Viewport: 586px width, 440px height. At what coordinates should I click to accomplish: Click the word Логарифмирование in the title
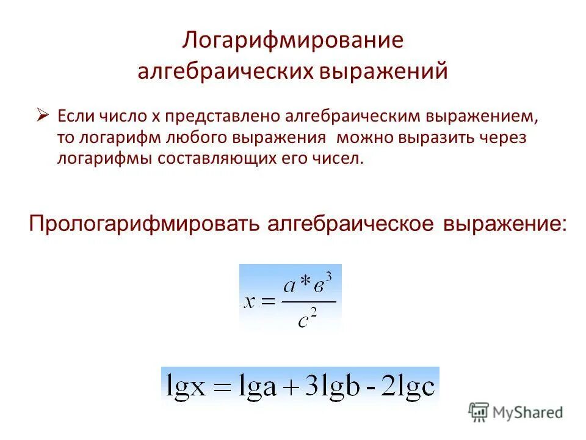point(293,42)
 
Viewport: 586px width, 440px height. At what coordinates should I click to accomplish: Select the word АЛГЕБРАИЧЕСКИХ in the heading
point(226,71)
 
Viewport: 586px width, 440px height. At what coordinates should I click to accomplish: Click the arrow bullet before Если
point(42,114)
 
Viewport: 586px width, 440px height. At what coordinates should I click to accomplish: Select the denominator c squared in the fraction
point(307,319)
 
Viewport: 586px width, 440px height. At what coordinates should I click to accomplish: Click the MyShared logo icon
point(479,412)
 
